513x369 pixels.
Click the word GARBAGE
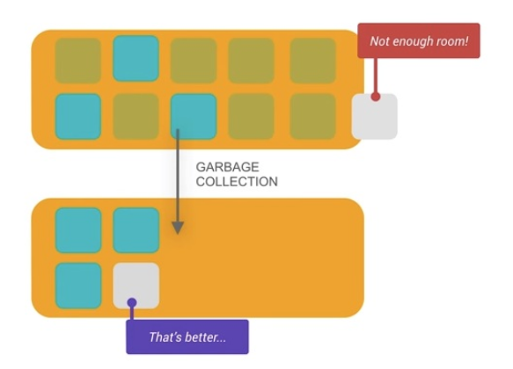tap(227, 167)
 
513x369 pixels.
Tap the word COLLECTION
tap(237, 182)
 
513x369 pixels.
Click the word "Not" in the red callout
tap(378, 41)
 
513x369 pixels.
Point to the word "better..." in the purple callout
tap(205, 336)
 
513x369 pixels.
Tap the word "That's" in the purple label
tap(165, 336)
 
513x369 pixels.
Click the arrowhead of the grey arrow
tap(178, 228)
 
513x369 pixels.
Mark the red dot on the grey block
tap(376, 97)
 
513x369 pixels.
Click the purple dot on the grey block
tap(132, 303)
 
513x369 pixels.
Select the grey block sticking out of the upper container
tap(375, 117)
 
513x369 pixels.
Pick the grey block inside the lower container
tap(136, 286)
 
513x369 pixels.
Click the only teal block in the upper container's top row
tap(136, 59)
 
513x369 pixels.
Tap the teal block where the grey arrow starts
tap(194, 117)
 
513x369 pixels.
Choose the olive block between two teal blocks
tap(136, 117)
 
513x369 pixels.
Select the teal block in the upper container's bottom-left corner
tap(77, 117)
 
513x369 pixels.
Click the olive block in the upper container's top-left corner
tap(77, 61)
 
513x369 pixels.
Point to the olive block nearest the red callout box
tap(312, 61)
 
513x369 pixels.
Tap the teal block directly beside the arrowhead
tap(136, 230)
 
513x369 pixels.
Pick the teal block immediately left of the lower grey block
tap(78, 286)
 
